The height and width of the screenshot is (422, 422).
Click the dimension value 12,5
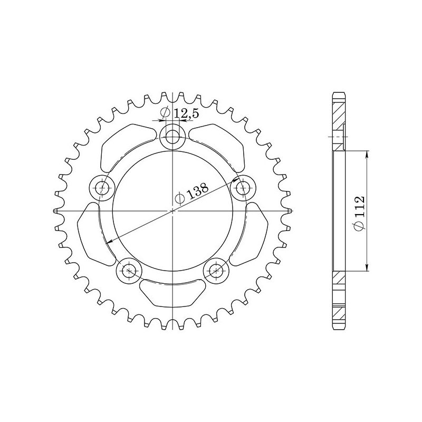point(178,112)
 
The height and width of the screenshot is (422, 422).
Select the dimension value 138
point(198,191)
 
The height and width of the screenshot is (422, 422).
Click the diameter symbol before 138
point(180,198)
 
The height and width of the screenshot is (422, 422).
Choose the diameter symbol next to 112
point(359,226)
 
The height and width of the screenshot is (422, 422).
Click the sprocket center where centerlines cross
point(172,211)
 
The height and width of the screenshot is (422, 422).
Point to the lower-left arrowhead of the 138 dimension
point(108,242)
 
